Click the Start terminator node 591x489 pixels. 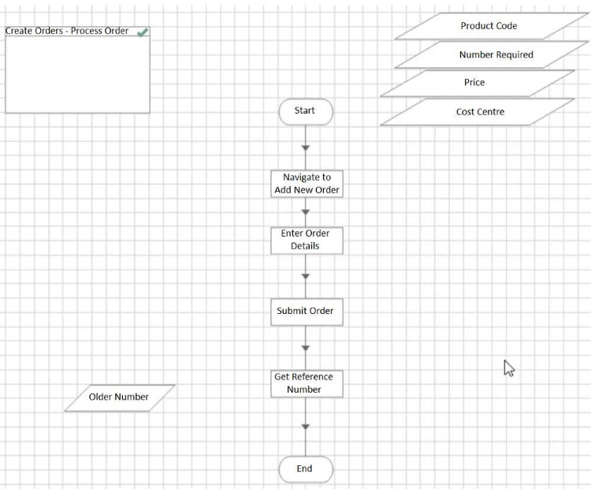pos(305,111)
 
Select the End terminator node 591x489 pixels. pos(305,469)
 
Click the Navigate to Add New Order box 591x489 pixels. pos(307,184)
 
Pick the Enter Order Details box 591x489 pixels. pos(306,240)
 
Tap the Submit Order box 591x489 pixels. pos(306,312)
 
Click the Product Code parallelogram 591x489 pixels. pos(489,26)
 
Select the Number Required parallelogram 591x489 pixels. pos(496,55)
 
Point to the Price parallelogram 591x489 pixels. pos(475,83)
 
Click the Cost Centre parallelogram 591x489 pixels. pos(480,112)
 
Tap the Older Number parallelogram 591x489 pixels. pos(119,398)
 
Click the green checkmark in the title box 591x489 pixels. pos(143,32)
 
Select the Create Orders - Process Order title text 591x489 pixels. pos(67,32)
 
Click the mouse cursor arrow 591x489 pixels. pos(508,368)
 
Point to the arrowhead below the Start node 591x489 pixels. pos(306,147)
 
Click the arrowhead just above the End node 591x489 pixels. pos(306,427)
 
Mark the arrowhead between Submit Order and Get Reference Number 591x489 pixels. pos(306,348)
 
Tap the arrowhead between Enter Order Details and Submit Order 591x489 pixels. pos(306,276)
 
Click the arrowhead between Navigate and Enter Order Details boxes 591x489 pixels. pos(306,211)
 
